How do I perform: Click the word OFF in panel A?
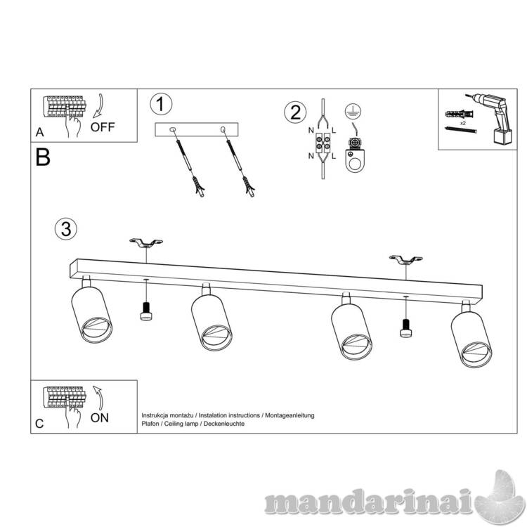[x=103, y=127]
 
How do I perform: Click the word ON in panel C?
[x=100, y=418]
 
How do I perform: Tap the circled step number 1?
[x=161, y=104]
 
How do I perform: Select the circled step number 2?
[x=295, y=112]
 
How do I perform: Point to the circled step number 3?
[x=66, y=229]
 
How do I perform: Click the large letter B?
[x=43, y=157]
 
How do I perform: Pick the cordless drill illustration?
[x=491, y=117]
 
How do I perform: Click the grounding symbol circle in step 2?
[x=353, y=111]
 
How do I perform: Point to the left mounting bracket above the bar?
[x=146, y=242]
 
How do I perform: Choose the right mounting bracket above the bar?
[x=405, y=259]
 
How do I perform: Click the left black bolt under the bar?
[x=146, y=311]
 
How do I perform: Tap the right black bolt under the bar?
[x=406, y=328]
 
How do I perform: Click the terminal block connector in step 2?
[x=322, y=143]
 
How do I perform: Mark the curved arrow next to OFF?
[x=98, y=106]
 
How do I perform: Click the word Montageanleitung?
[x=289, y=415]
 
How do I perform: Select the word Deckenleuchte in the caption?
[x=224, y=424]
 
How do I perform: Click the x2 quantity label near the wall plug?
[x=463, y=124]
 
